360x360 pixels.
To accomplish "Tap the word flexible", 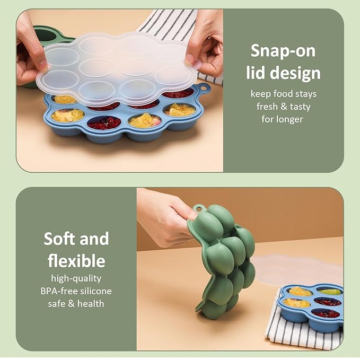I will coord(76,261).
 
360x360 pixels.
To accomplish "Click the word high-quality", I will coord(76,278).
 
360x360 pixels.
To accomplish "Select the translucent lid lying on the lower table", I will coord(297,268).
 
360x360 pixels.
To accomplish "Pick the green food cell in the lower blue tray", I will coord(330,292).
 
